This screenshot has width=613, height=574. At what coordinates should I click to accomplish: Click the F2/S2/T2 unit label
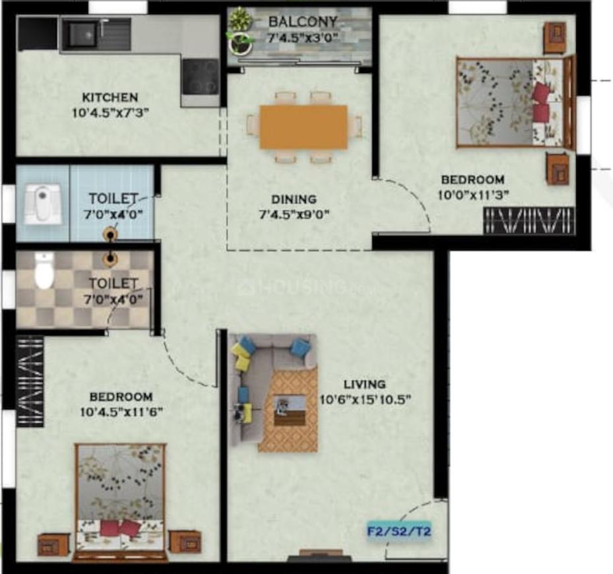399,530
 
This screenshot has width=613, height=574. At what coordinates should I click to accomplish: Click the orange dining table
304,127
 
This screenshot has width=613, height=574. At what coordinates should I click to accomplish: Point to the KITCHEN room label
110,97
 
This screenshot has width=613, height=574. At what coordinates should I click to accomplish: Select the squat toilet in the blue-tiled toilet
40,203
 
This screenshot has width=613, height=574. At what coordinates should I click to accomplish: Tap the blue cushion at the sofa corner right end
300,347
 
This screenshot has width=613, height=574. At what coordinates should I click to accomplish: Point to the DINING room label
294,199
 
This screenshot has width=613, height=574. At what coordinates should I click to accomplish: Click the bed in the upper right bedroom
509,102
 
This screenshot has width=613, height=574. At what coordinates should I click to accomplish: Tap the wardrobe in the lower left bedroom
29,381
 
